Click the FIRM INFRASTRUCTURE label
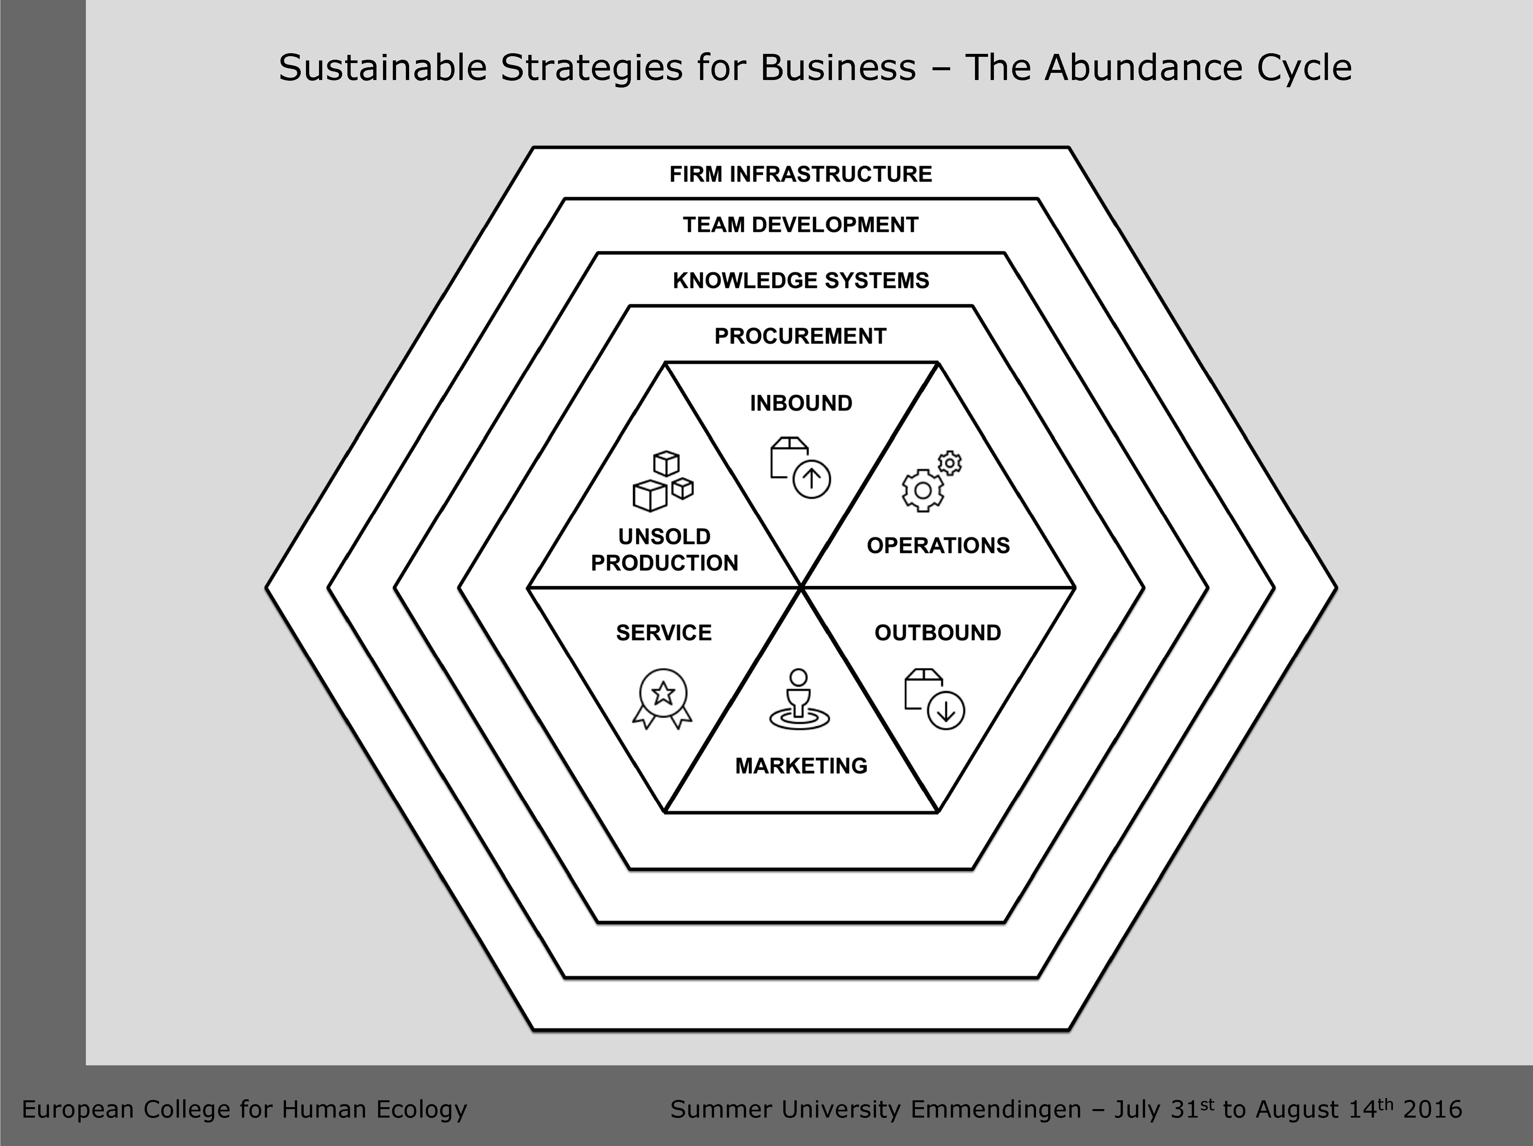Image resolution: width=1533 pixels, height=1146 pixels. click(x=801, y=174)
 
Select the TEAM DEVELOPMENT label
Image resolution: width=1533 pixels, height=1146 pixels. click(x=801, y=225)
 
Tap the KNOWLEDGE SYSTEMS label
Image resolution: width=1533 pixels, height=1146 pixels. click(x=801, y=280)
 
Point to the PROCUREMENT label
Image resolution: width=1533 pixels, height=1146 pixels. click(x=801, y=336)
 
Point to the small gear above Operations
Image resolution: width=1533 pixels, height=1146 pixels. click(x=950, y=463)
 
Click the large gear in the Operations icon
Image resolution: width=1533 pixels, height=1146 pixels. click(x=922, y=490)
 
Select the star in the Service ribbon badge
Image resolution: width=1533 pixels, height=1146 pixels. click(x=663, y=692)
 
